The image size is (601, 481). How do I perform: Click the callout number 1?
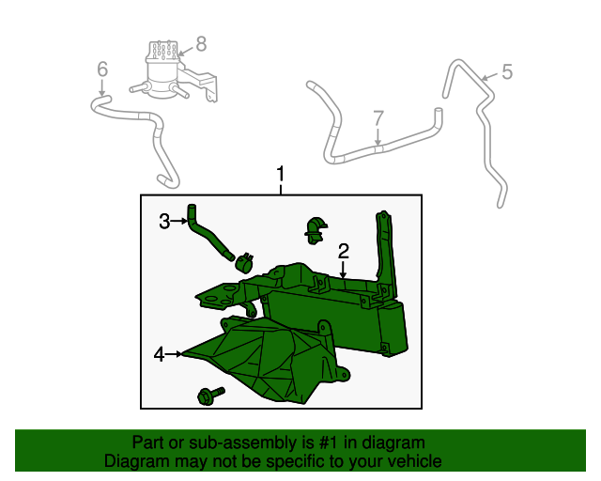tap(280, 174)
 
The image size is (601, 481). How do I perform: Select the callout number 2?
tap(344, 250)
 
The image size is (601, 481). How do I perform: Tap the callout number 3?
tap(163, 222)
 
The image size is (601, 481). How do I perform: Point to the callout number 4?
tap(160, 354)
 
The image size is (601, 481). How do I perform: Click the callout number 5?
tap(506, 71)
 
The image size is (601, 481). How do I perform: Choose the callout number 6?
tap(102, 69)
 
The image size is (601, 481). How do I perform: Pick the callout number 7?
tap(378, 118)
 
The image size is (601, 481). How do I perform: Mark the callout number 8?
tap(200, 42)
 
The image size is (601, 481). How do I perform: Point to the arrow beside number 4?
tap(176, 354)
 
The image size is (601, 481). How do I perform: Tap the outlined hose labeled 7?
tap(376, 146)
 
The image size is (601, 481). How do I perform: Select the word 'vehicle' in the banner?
tap(412, 461)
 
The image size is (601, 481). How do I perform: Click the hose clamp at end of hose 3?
tap(246, 262)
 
